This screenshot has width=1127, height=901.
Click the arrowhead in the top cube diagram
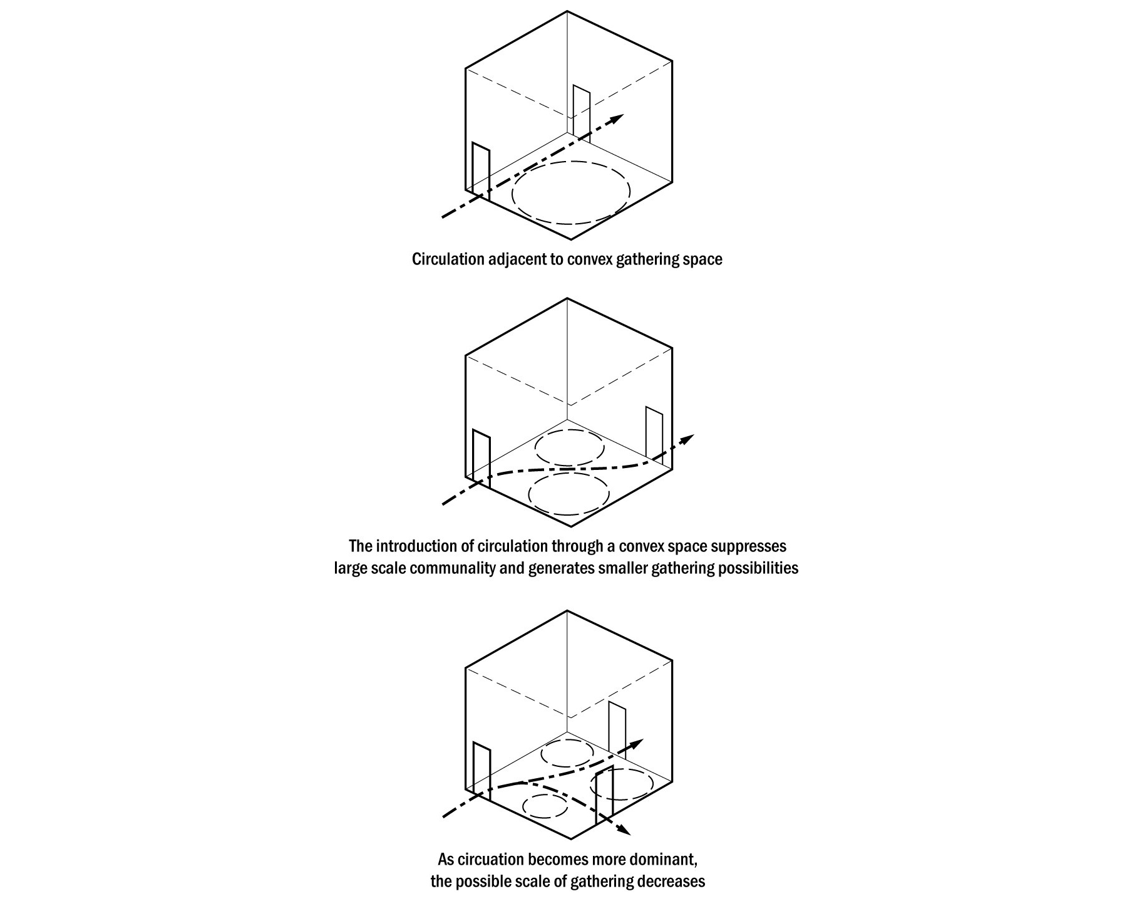[618, 118]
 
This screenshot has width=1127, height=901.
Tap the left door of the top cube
[480, 170]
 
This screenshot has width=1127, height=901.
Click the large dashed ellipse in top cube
[570, 193]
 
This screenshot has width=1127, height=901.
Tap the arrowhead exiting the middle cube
[688, 438]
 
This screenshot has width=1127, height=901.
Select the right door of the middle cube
[654, 436]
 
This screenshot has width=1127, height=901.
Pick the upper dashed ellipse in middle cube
[570, 447]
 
